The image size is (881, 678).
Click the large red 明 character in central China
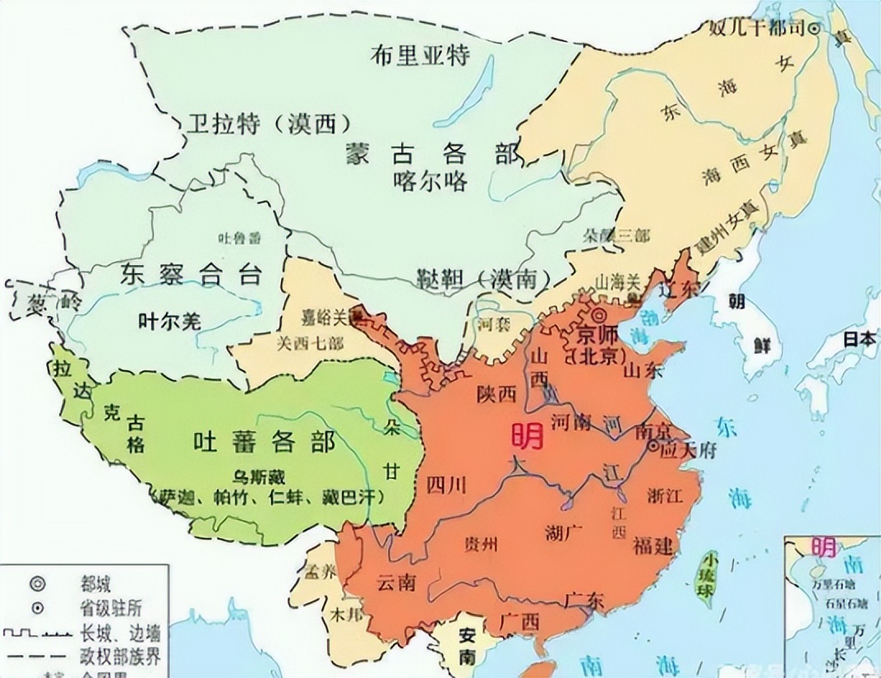click(526, 436)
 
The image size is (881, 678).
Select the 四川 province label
click(446, 485)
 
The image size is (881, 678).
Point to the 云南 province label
click(396, 582)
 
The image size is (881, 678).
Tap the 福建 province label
click(654, 545)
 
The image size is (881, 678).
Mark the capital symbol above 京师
click(599, 317)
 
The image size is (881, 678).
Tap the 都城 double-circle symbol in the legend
click(36, 583)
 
